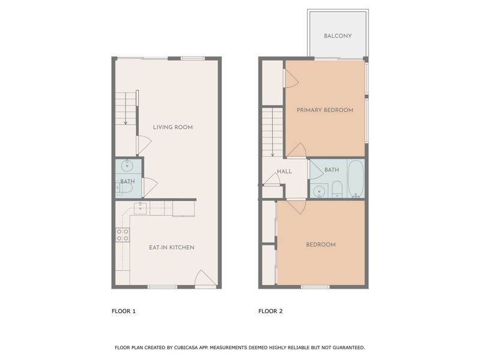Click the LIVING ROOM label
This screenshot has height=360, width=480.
tap(172, 127)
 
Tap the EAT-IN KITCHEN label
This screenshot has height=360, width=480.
tap(172, 247)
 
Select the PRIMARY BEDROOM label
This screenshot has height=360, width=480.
tap(325, 110)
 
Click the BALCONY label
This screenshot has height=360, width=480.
tap(337, 36)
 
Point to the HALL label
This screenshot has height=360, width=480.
tap(284, 172)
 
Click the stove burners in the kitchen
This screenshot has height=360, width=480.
tap(122, 235)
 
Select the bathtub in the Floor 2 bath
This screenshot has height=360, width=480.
tap(355, 178)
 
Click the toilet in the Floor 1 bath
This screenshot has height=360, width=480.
tap(125, 188)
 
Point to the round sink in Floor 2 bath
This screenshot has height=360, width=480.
tap(319, 191)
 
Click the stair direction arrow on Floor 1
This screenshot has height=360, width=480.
tap(125, 122)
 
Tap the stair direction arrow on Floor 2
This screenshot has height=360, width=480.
tap(272, 154)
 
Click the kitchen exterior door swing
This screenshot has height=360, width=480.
tap(203, 278)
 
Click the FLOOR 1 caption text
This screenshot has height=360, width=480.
tap(124, 311)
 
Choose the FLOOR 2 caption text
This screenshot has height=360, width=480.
tap(271, 311)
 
